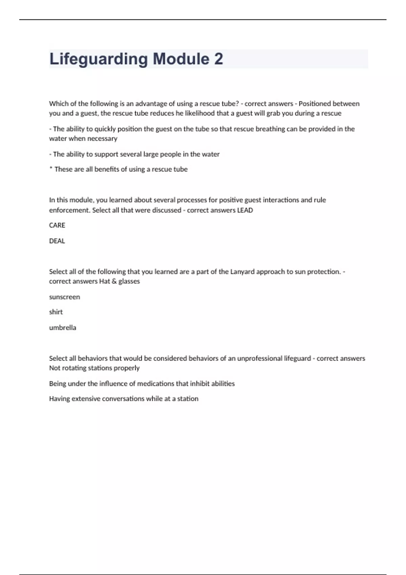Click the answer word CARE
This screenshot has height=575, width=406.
tap(57, 225)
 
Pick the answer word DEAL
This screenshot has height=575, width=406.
tap(57, 241)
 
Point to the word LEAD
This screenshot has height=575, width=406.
tap(245, 210)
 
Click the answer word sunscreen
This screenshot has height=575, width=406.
tap(64, 297)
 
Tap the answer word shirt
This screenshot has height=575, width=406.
tap(56, 312)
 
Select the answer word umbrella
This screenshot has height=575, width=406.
tap(63, 327)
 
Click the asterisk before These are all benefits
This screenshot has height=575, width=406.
tap(51, 168)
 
